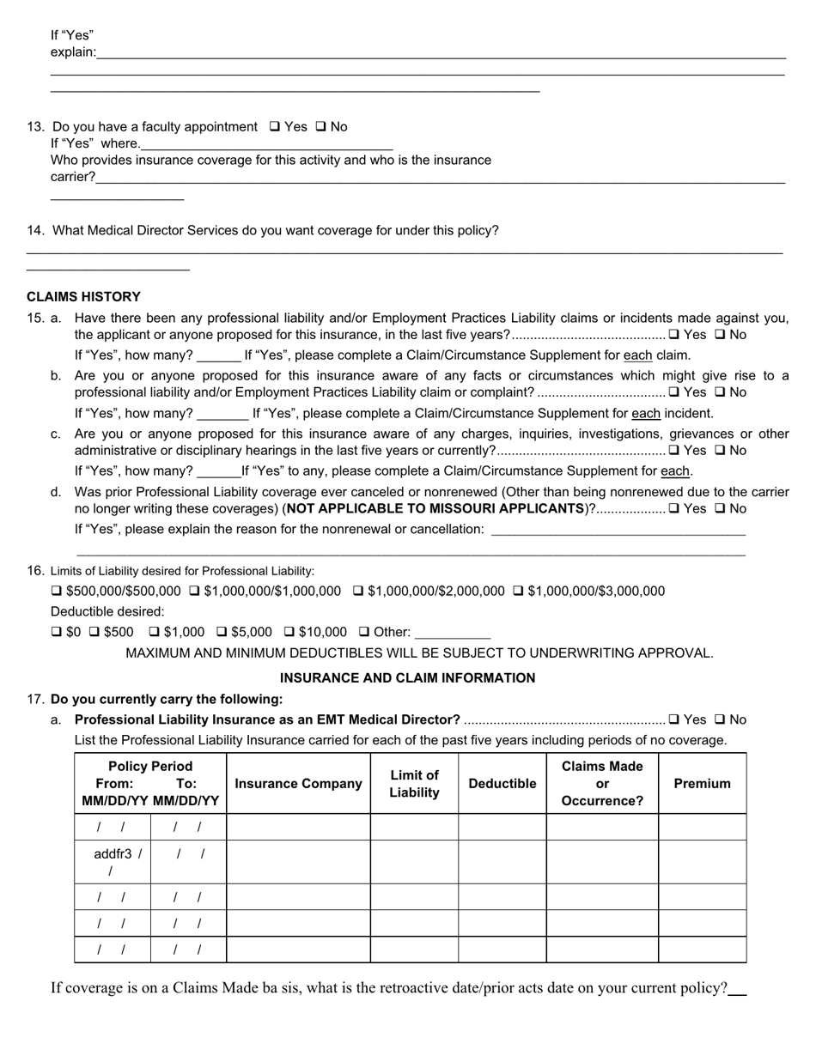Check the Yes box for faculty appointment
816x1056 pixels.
(x=275, y=127)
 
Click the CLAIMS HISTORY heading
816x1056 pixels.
(x=83, y=297)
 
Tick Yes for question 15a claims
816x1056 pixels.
(x=674, y=335)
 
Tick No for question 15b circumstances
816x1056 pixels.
(x=720, y=392)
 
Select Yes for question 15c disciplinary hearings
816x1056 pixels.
(x=674, y=451)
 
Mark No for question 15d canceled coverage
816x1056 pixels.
(x=720, y=509)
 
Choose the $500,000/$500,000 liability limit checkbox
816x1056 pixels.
(x=57, y=592)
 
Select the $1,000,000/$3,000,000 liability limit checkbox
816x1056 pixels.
(x=519, y=592)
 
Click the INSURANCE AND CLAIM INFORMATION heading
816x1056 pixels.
(x=407, y=678)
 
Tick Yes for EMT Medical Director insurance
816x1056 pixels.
(x=674, y=720)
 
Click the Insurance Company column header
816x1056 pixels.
(x=298, y=784)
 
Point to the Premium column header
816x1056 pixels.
(x=702, y=784)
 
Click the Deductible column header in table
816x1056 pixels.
(x=502, y=784)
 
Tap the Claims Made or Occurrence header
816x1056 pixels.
(x=601, y=784)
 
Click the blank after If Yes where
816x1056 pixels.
(x=266, y=144)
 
